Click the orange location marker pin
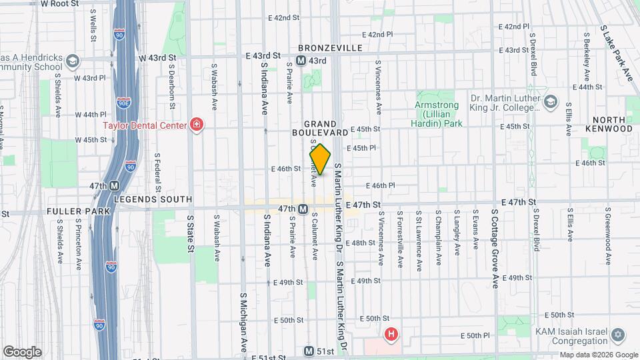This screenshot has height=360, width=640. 321,159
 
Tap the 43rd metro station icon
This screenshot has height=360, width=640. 301,61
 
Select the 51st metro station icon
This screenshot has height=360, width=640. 309,351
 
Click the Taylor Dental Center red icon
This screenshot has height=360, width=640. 197,124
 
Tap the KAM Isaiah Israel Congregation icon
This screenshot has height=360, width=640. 617,334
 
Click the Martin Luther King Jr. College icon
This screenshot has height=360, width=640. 550,101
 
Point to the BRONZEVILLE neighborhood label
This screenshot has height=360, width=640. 330,48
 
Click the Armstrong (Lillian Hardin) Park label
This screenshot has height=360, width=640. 438,114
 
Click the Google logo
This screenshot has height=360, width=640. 21,351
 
